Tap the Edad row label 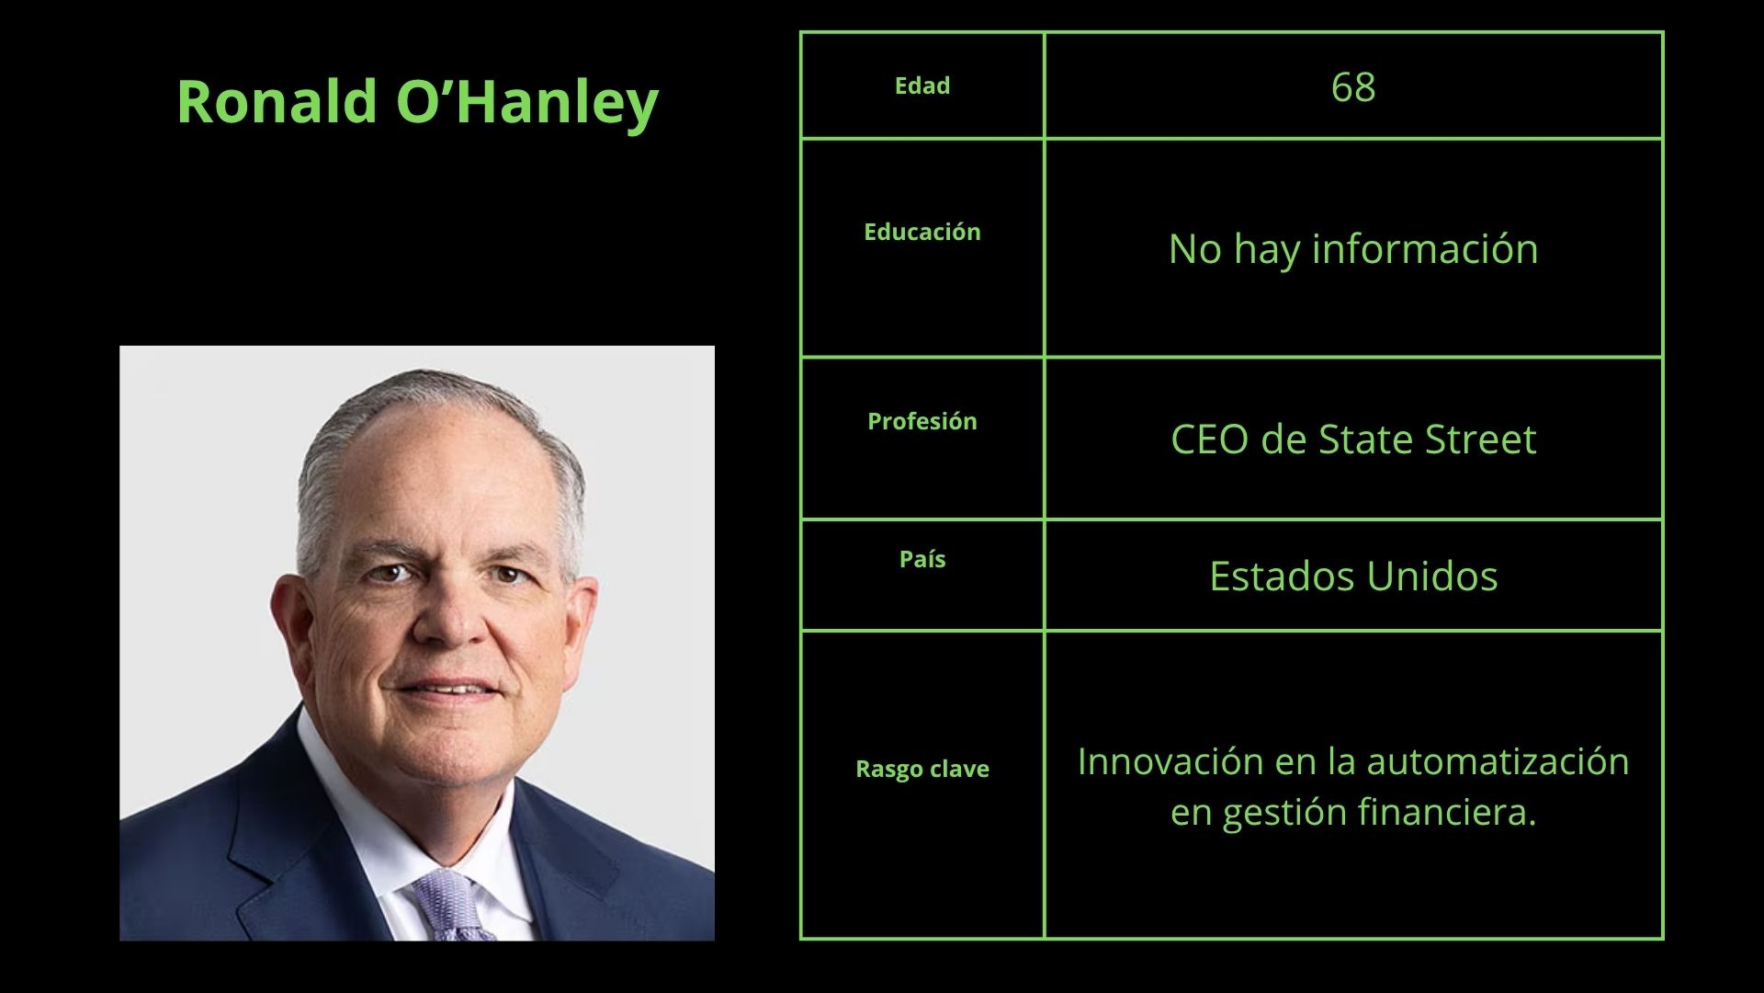(922, 86)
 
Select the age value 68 (1353, 87)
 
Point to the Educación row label (922, 232)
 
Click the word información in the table (1425, 248)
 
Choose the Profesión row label (922, 421)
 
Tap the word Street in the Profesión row (1480, 439)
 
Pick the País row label (922, 559)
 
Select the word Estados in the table (1282, 576)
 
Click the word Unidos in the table (1432, 576)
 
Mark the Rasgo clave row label (922, 769)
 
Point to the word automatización (1498, 761)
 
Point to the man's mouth (448, 688)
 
